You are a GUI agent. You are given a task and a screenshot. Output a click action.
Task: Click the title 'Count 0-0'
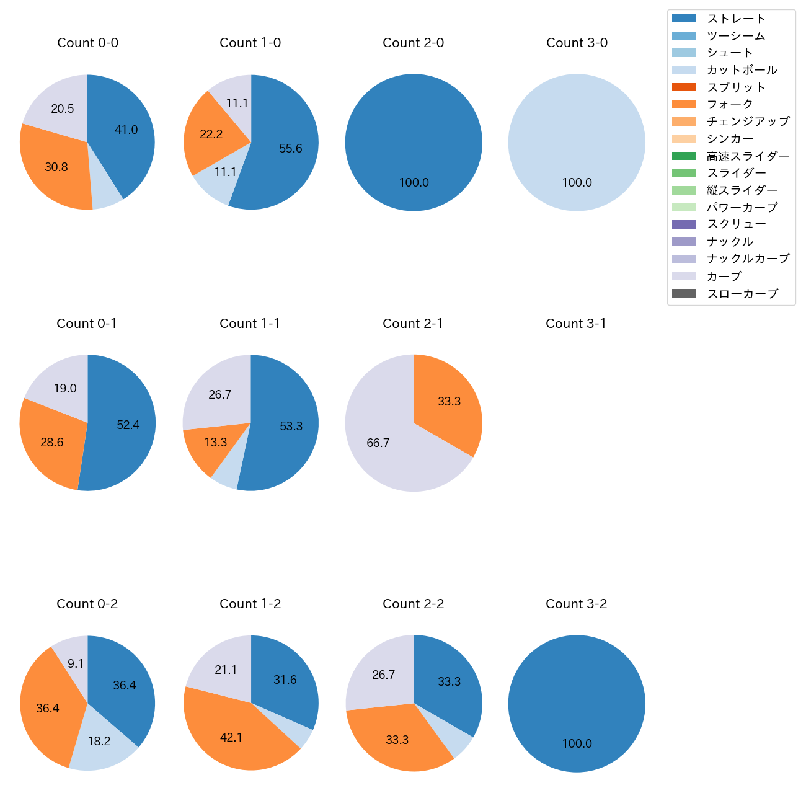[x=87, y=43]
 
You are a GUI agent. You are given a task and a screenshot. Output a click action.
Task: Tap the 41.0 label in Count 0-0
[x=126, y=130]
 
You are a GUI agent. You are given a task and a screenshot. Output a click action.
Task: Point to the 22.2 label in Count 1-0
[x=211, y=134]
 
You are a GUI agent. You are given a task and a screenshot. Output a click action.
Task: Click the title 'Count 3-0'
[x=577, y=43]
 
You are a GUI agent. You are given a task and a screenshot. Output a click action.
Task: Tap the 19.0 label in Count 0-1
[x=64, y=389]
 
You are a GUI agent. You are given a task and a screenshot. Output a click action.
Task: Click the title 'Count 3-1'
[x=575, y=324]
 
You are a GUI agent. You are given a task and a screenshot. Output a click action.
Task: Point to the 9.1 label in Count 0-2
[x=76, y=664]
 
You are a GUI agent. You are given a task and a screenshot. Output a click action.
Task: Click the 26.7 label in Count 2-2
[x=383, y=675]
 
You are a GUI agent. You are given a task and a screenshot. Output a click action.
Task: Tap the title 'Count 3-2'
[x=576, y=604]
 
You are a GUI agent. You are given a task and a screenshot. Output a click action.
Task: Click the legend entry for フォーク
[x=730, y=104]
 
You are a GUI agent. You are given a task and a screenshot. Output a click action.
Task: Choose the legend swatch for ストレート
[x=684, y=19]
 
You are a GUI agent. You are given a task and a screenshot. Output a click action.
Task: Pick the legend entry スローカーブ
[x=742, y=294]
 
